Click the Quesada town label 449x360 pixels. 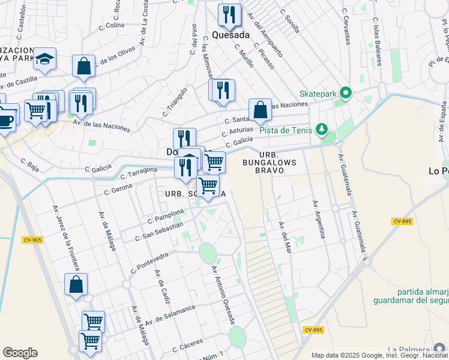231,35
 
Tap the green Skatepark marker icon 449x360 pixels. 345,93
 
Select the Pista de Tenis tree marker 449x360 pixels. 322,129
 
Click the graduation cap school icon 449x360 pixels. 44,59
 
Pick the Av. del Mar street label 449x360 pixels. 285,237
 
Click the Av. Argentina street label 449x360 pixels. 318,220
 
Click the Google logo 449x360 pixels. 20,353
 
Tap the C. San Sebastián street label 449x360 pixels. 159,232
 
